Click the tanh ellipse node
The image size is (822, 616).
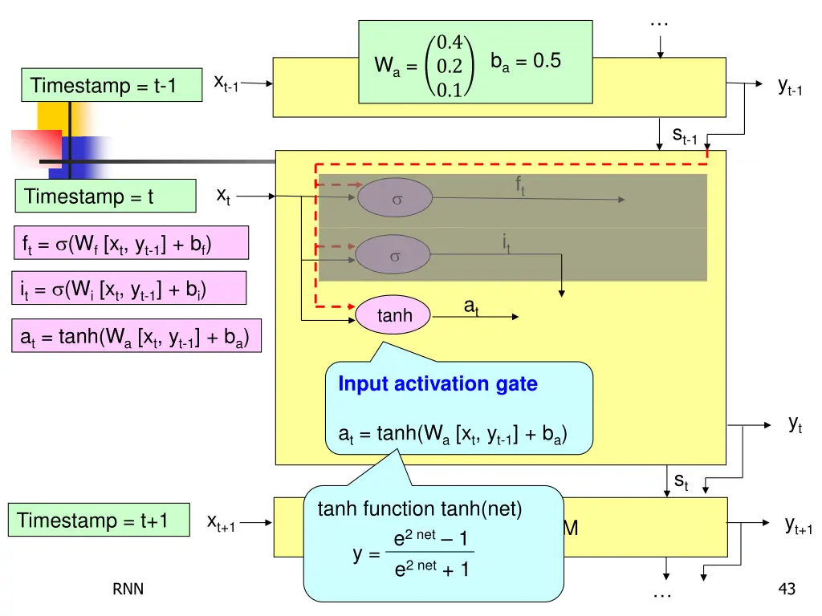coord(393,316)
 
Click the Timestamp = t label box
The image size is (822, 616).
coord(105,197)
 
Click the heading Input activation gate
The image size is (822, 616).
coord(437,384)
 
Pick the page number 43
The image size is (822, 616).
coord(787,590)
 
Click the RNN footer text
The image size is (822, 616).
coord(128,590)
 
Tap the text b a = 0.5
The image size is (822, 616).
coord(526,62)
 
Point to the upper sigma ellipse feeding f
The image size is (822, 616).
coord(395,197)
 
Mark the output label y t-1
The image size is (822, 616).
coord(790,87)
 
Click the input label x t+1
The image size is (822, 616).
coord(221,522)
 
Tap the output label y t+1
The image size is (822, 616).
coord(798,525)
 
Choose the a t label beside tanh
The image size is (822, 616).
coord(471,306)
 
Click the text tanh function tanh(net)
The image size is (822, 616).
coord(420,509)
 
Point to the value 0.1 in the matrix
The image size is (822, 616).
coord(445,90)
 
